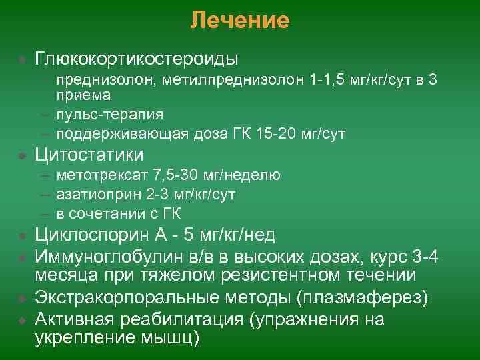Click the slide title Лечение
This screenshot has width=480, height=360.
point(239,21)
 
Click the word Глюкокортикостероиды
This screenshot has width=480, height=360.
point(137,59)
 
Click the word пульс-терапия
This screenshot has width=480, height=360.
point(110,115)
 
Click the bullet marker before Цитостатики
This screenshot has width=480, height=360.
point(22,155)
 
